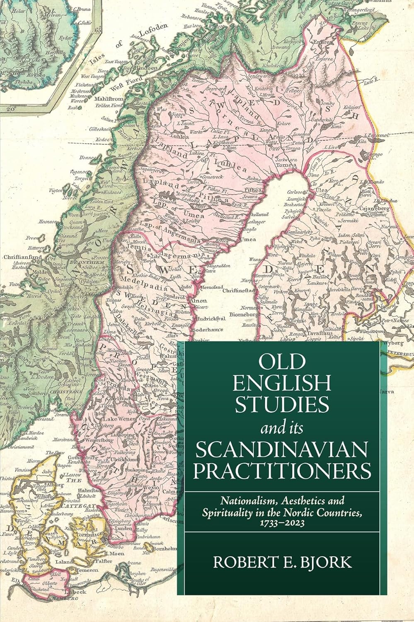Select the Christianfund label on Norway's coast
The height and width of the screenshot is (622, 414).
[17, 257]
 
